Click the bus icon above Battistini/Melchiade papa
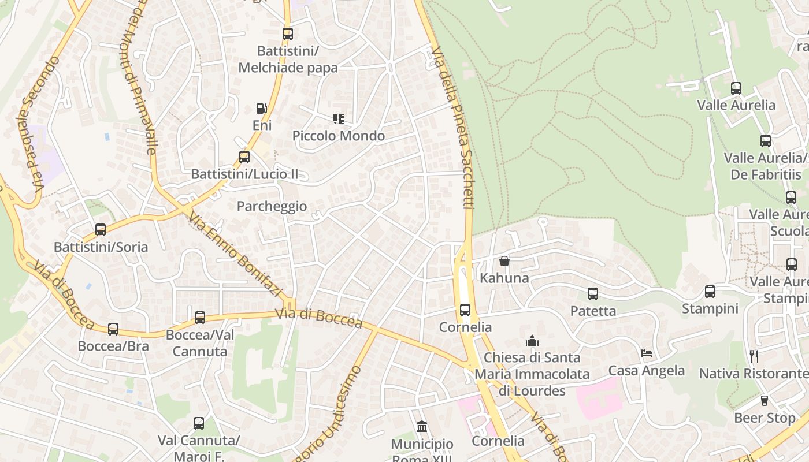tap(288, 34)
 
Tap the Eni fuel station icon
tap(262, 109)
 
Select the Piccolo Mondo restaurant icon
tap(339, 119)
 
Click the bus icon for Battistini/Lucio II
tap(244, 157)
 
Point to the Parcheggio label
tap(272, 206)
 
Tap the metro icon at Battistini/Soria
tap(101, 230)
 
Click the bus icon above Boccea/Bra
tap(113, 329)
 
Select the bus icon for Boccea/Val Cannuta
tap(200, 317)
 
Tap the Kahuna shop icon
tap(504, 261)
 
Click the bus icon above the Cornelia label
tap(465, 310)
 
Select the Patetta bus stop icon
tap(593, 294)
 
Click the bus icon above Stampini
tap(710, 292)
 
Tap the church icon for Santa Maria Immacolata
tap(532, 341)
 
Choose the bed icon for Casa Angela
tap(647, 353)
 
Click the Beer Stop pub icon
tap(765, 400)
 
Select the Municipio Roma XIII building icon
tap(422, 427)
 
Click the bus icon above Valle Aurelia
tap(736, 88)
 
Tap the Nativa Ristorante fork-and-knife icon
tap(754, 356)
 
